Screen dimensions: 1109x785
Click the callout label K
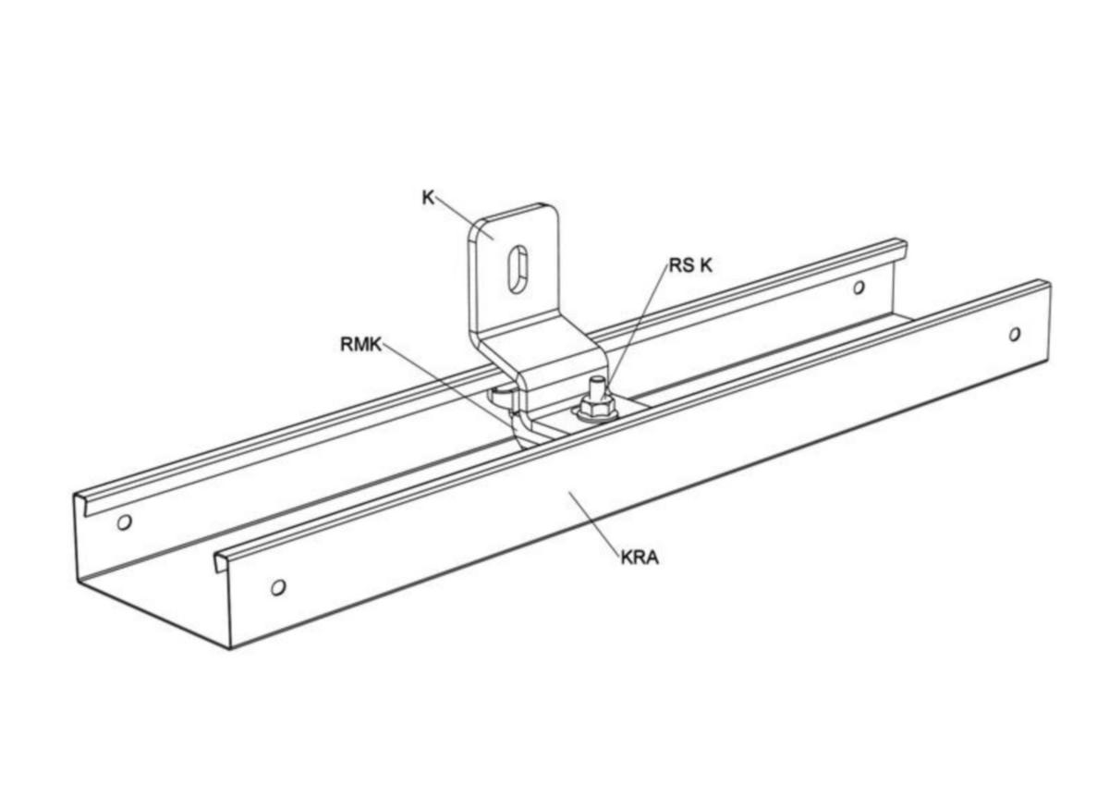[x=428, y=198]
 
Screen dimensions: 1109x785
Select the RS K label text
[x=690, y=265]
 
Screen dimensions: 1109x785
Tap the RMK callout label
[x=361, y=345]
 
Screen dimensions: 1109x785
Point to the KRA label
[x=640, y=558]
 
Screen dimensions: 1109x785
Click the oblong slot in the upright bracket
[x=518, y=269]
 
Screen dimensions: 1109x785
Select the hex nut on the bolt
[x=595, y=408]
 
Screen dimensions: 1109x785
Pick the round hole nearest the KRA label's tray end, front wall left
[x=278, y=587]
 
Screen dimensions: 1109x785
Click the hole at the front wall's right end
[x=1015, y=335]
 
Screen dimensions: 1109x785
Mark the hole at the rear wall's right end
[x=859, y=288]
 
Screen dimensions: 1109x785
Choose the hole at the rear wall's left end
[x=124, y=522]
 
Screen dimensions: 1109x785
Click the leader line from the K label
[x=464, y=218]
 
